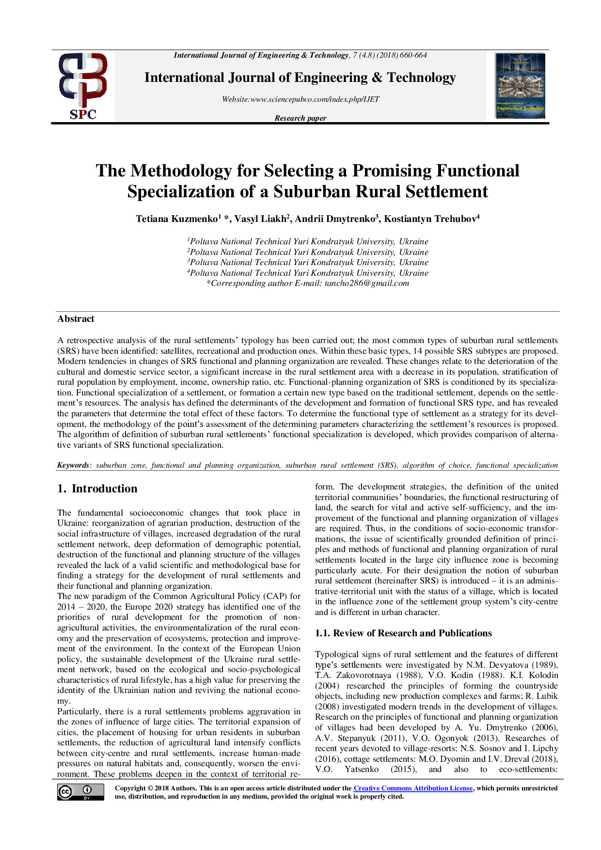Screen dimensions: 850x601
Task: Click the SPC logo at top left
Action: pos(83,86)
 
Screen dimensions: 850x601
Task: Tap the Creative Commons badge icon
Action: pos(80,792)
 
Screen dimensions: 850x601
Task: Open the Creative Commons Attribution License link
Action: pos(413,788)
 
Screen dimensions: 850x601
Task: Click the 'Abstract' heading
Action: pos(76,319)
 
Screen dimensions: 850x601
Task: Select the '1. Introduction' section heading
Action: pos(97,488)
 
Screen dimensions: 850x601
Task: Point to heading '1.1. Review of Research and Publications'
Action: pos(403,633)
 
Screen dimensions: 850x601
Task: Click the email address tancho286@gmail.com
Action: pos(367,283)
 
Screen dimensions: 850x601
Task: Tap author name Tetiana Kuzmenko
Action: pos(176,219)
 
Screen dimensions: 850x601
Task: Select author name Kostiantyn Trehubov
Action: pos(430,219)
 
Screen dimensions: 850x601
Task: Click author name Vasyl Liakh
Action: pos(260,219)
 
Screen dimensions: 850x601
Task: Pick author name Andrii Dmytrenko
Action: pos(335,219)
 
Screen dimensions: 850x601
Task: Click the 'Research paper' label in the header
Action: pos(300,118)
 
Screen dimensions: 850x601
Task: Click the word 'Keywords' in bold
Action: pos(73,465)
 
